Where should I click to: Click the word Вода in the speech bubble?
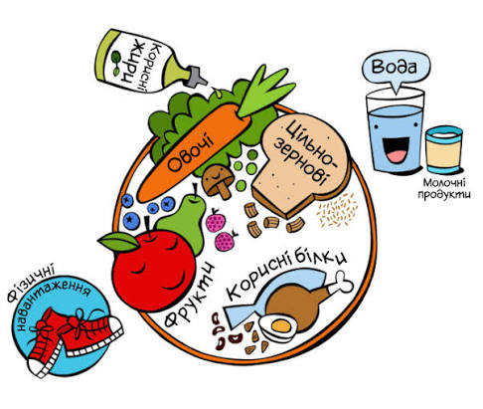395,67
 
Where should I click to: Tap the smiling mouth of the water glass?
396,149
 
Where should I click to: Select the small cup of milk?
444,149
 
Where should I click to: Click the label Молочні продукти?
444,188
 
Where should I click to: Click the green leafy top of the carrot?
265,90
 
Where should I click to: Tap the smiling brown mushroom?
218,181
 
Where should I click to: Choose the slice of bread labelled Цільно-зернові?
300,164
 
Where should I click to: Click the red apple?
153,270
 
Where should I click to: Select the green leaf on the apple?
119,242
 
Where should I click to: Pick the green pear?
186,221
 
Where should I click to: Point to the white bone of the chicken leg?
341,284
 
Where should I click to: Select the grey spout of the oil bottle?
197,77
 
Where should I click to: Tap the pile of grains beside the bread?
337,210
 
